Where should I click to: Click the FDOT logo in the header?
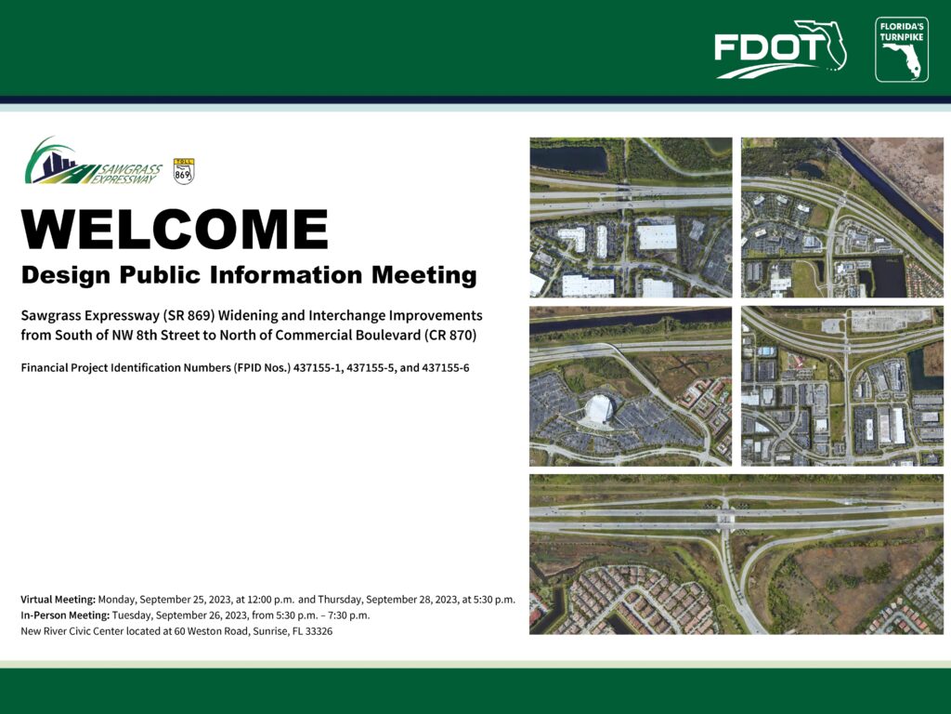tap(780, 49)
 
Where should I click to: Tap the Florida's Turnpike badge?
tap(901, 49)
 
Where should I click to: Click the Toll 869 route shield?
tap(183, 171)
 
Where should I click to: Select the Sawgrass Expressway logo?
tap(94, 161)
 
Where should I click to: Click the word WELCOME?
tap(175, 229)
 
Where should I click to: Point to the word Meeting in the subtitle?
tap(423, 275)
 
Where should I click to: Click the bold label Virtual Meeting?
tap(59, 600)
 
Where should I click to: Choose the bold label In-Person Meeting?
tap(65, 615)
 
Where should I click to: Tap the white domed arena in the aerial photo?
tap(599, 410)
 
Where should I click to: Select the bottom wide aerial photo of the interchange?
tap(736, 554)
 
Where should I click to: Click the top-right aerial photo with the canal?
tap(842, 218)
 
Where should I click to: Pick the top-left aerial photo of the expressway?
tap(631, 218)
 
